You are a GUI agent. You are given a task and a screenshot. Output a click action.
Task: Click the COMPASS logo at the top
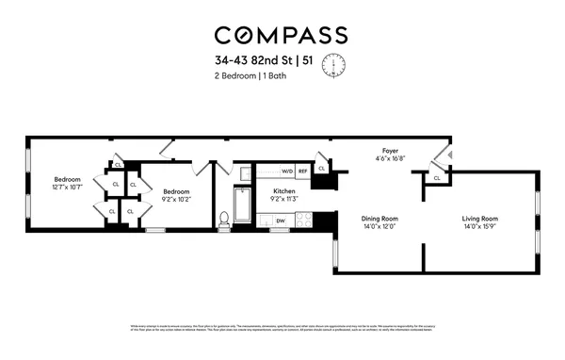(x=282, y=35)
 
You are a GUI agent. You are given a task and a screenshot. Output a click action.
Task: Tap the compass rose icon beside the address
(x=333, y=65)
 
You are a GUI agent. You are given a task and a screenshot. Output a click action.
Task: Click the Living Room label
(x=479, y=219)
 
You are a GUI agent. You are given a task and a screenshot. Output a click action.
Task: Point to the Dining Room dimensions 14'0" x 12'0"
(x=381, y=227)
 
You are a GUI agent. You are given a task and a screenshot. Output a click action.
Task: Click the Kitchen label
(x=284, y=191)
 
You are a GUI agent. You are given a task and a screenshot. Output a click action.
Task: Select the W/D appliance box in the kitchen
(x=287, y=172)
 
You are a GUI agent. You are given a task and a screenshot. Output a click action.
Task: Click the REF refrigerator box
(x=303, y=172)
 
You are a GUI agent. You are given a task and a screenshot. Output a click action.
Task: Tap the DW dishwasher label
(x=281, y=221)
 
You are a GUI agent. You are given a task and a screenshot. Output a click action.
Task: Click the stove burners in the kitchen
(x=304, y=220)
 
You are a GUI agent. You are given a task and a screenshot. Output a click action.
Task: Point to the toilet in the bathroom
(x=224, y=219)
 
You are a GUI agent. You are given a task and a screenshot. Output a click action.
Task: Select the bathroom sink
(x=242, y=173)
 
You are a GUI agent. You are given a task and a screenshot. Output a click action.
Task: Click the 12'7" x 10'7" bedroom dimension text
(x=68, y=188)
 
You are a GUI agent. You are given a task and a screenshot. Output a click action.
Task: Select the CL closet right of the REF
(x=322, y=169)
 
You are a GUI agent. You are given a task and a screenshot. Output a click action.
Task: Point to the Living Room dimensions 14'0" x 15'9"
(x=479, y=227)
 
